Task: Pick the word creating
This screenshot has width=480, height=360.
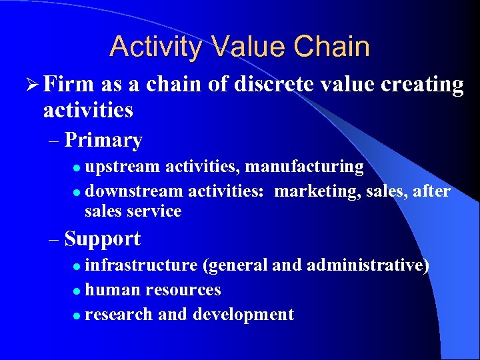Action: click(x=422, y=85)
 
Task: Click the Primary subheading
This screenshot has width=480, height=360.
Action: click(x=104, y=141)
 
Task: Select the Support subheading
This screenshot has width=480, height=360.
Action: click(x=103, y=239)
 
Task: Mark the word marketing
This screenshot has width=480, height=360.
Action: click(x=317, y=191)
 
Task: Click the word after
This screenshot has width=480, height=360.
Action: click(x=431, y=191)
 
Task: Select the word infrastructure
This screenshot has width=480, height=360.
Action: click(x=141, y=265)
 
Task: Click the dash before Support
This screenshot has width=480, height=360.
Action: click(x=54, y=239)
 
